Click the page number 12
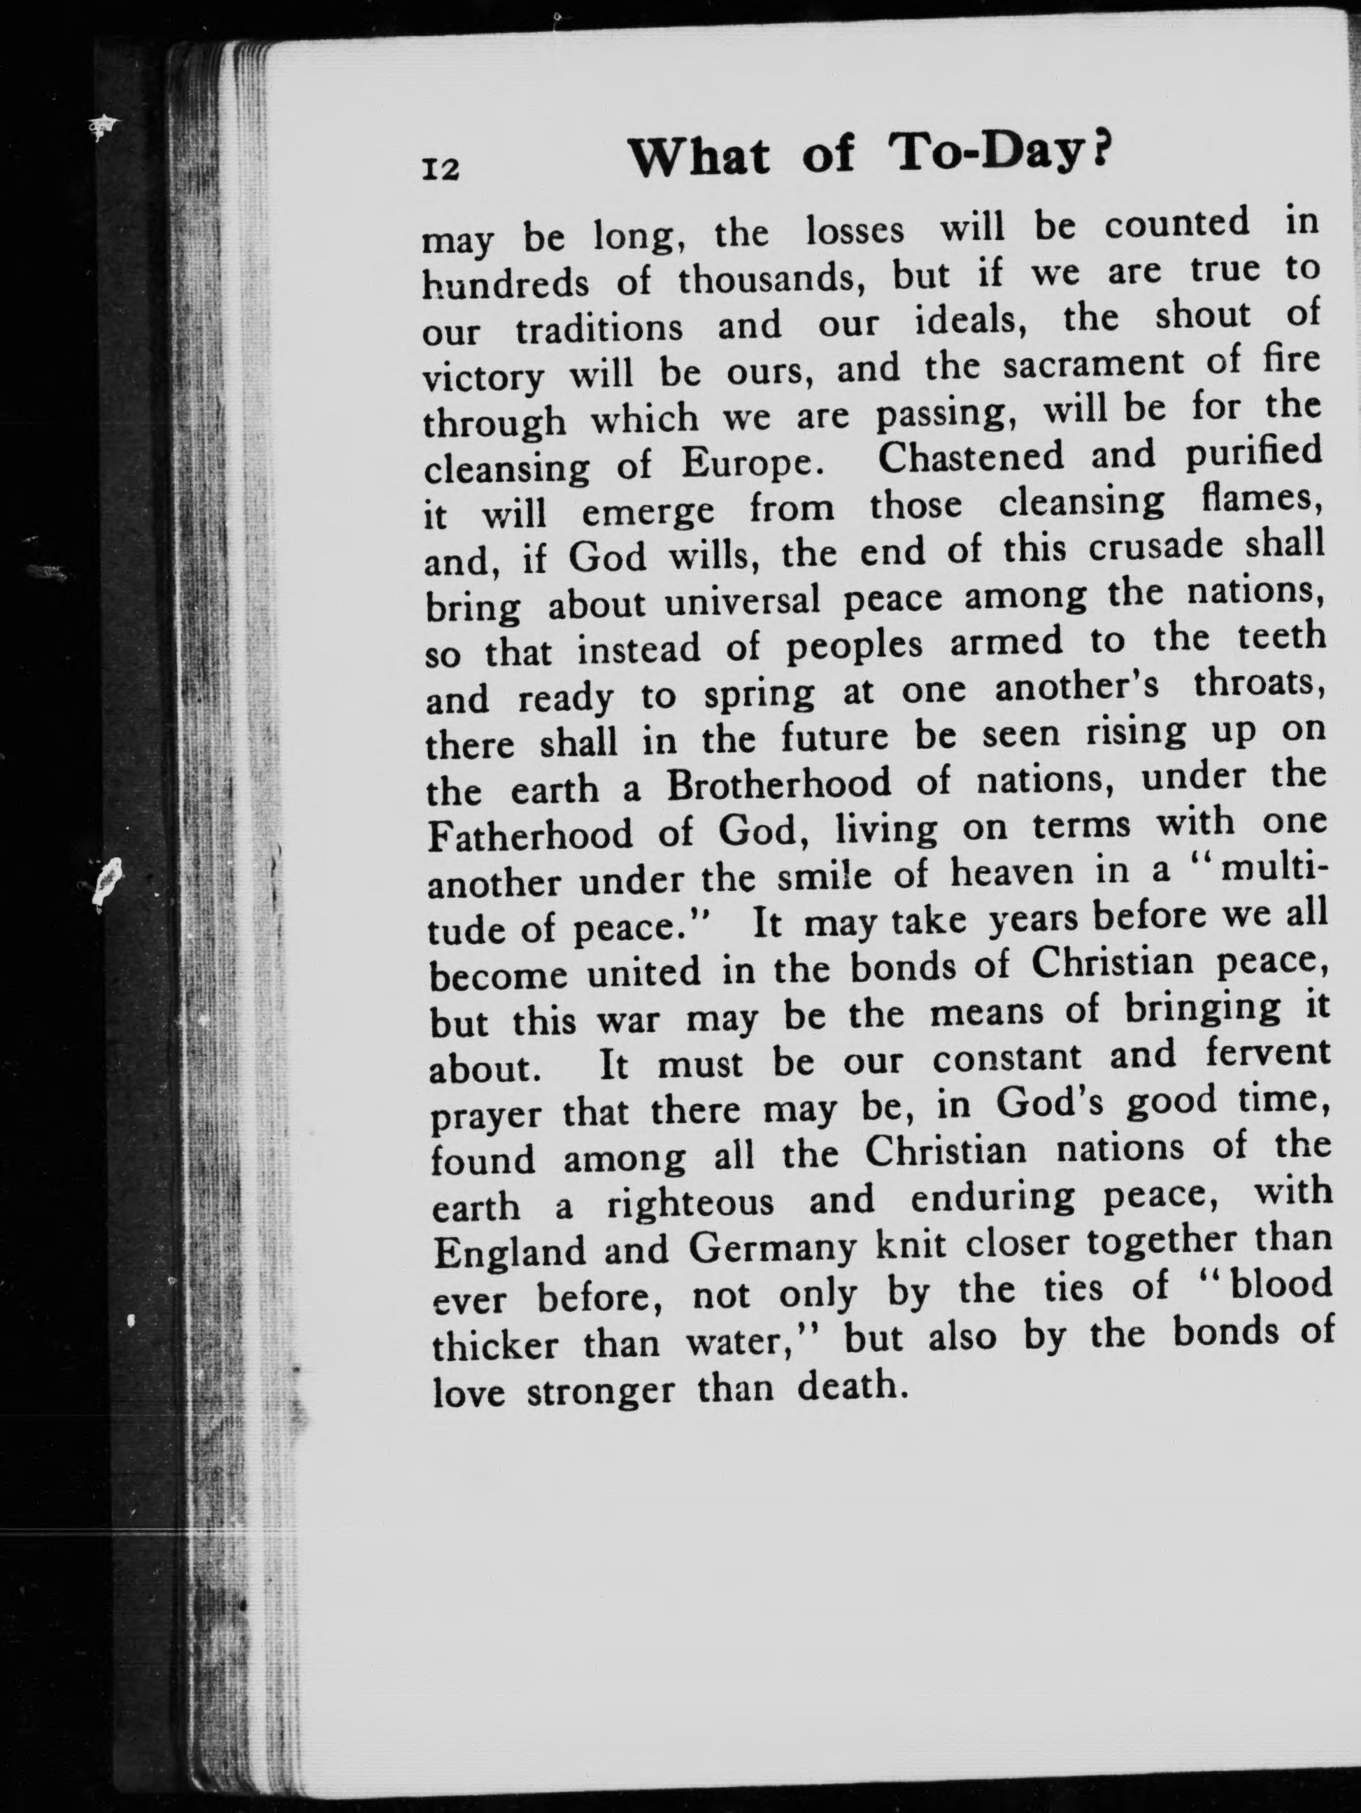click(440, 169)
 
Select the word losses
click(855, 232)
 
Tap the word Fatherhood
click(531, 833)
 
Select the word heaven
click(1012, 874)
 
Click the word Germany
click(773, 1250)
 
